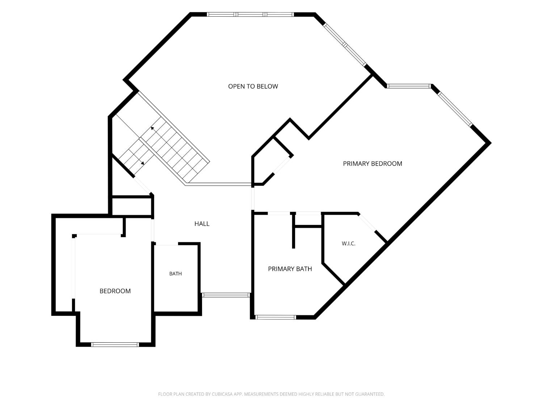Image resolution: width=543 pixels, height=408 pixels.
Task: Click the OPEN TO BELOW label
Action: click(253, 86)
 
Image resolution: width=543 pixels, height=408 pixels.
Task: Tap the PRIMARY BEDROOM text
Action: click(372, 164)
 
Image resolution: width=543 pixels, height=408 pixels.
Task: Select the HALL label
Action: click(202, 224)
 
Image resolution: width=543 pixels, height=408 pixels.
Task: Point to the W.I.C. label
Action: click(348, 243)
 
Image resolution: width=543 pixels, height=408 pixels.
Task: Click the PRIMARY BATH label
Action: click(290, 269)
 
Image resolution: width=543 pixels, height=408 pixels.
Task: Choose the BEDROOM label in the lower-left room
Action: click(115, 291)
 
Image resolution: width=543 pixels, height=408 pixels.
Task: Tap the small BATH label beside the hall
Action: click(176, 273)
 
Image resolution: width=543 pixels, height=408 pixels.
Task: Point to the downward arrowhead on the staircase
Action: click(142, 163)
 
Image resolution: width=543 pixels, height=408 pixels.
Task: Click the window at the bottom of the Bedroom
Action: click(115, 344)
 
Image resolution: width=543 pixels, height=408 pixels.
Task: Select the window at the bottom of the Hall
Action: click(226, 295)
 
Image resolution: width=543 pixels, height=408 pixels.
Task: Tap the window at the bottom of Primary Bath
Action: click(275, 317)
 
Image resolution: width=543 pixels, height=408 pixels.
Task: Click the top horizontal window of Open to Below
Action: click(250, 15)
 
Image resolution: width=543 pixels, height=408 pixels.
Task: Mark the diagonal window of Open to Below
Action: click(345, 45)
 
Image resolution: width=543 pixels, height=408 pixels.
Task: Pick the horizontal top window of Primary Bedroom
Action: click(409, 86)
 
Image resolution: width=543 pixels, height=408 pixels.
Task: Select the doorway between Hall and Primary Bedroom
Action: click(253, 199)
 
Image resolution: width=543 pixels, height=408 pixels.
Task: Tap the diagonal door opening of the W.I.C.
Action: click(367, 222)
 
